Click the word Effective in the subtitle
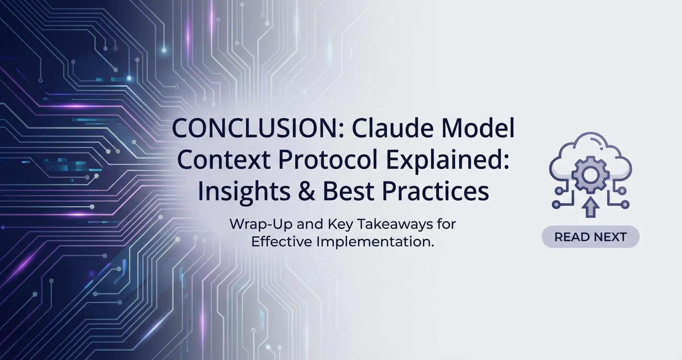point(282,242)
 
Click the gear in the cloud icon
point(590,174)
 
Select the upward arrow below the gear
point(591,208)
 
